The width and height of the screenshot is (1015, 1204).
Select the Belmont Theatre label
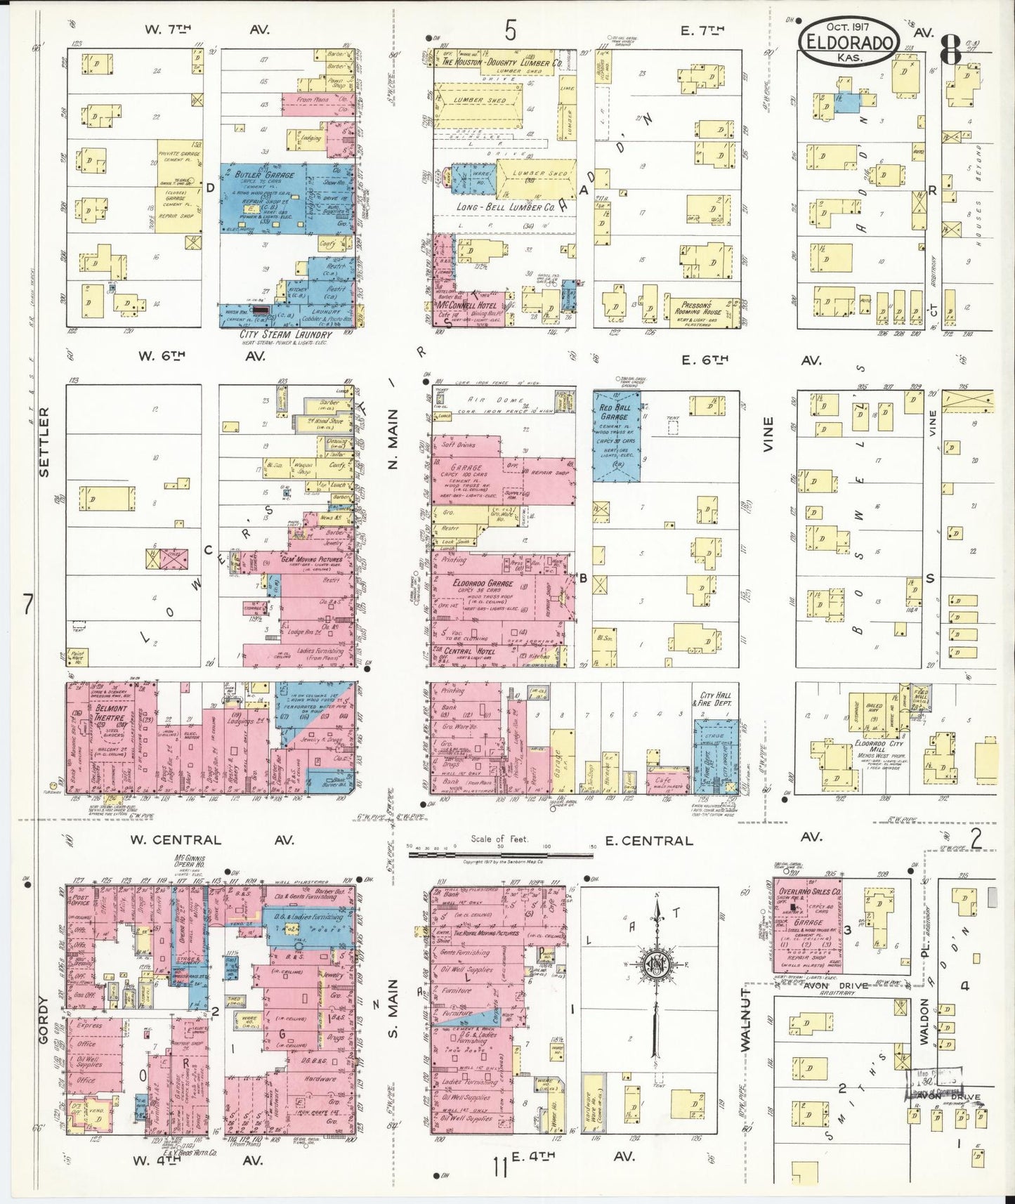[111, 714]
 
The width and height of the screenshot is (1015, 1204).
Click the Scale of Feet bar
[500, 854]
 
